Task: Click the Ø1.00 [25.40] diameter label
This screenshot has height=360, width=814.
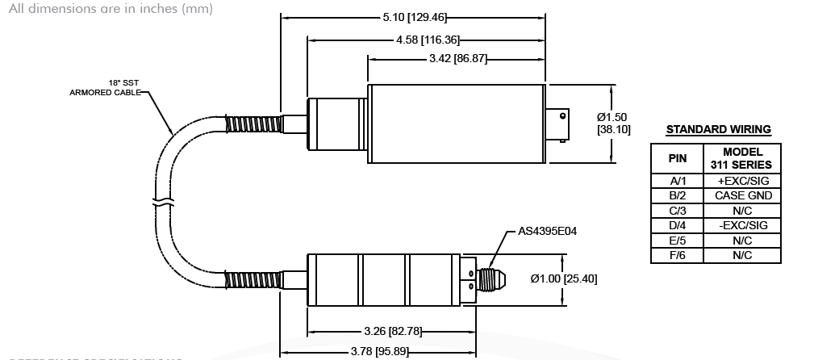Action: [564, 278]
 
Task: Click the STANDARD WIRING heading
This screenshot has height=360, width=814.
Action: [717, 129]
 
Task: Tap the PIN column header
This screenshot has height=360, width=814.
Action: [678, 158]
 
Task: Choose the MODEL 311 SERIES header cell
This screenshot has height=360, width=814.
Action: [742, 158]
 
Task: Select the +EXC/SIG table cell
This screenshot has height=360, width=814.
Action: [742, 182]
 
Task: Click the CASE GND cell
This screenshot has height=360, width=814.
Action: [742, 196]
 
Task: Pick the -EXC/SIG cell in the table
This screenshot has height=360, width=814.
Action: [742, 225]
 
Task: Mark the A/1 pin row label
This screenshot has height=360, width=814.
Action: [678, 182]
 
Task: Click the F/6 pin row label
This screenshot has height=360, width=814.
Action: [678, 255]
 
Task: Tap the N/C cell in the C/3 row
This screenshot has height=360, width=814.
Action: [742, 211]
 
